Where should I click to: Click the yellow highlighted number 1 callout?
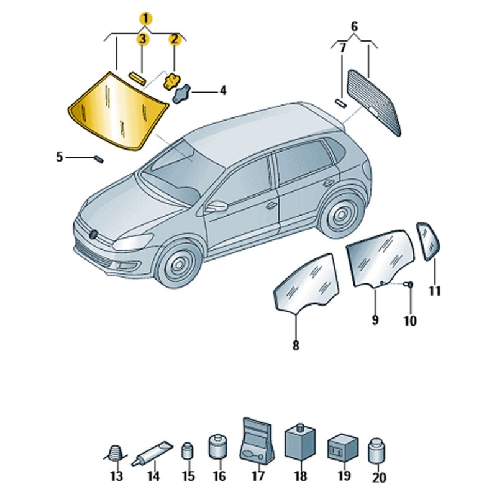click(x=145, y=19)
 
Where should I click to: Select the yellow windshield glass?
click(x=117, y=111)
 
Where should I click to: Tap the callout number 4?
click(x=223, y=91)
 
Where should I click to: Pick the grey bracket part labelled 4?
click(x=181, y=94)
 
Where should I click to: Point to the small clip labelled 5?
click(x=99, y=159)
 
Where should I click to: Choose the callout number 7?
click(x=343, y=48)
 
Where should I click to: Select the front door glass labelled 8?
click(x=306, y=283)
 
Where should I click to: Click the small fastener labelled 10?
click(x=409, y=285)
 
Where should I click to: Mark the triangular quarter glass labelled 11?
click(x=427, y=241)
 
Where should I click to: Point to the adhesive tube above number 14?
click(x=152, y=454)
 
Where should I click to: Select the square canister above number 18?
click(x=300, y=441)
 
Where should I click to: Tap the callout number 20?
click(x=379, y=477)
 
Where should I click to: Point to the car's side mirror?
click(x=216, y=207)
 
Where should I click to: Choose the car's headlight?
click(x=132, y=242)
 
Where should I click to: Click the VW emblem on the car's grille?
click(x=94, y=234)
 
